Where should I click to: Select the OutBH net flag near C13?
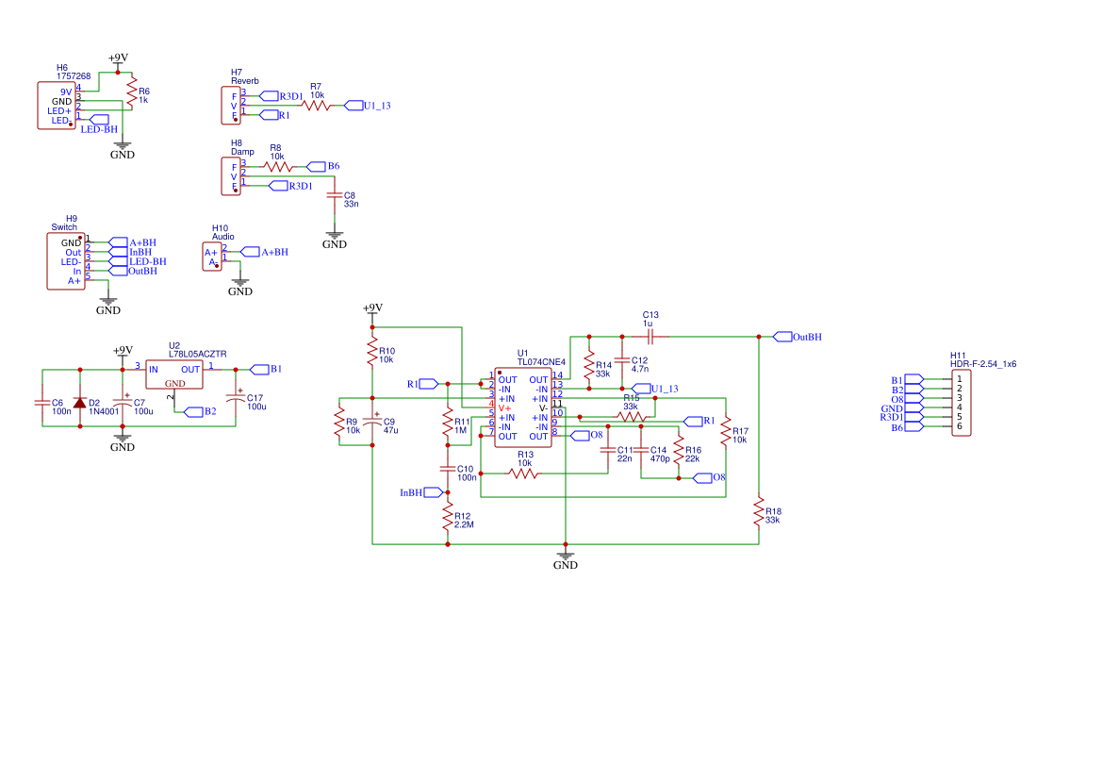[x=781, y=337]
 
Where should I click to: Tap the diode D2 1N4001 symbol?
[x=79, y=403]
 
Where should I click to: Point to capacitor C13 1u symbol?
[x=650, y=337]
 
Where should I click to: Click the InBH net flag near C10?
[x=434, y=492]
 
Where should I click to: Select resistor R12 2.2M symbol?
[x=448, y=519]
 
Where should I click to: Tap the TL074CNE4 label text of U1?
[x=541, y=361]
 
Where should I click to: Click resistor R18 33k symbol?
[x=759, y=512]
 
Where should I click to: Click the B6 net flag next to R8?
[x=316, y=166]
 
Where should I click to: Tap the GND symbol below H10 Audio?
[x=240, y=283]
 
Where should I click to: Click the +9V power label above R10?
[x=372, y=308]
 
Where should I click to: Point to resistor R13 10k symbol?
[x=524, y=474]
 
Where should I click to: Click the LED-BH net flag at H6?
[x=97, y=119]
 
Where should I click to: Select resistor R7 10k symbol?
[x=316, y=106]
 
